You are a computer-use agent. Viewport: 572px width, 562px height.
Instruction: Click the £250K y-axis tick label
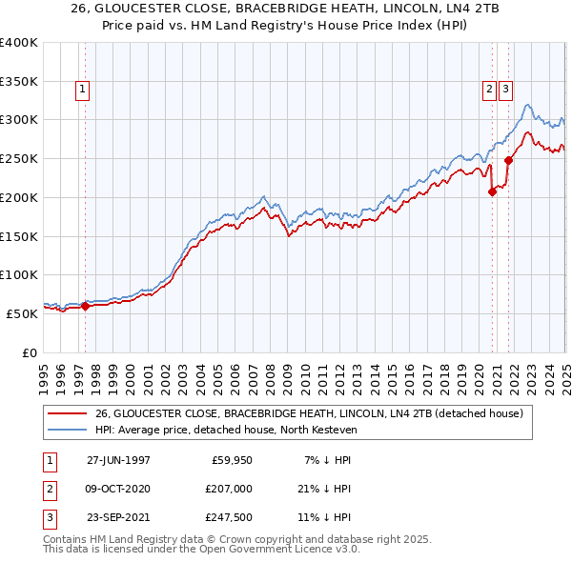click(18, 158)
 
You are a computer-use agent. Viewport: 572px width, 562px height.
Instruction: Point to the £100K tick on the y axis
click(18, 274)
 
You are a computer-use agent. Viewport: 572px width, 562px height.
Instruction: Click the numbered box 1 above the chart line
click(84, 90)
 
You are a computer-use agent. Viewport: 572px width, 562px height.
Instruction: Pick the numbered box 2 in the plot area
click(489, 90)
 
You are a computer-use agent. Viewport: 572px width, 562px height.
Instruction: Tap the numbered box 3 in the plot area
click(504, 90)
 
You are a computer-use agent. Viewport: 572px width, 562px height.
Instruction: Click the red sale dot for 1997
click(86, 306)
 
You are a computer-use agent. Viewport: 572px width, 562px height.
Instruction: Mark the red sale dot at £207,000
click(493, 191)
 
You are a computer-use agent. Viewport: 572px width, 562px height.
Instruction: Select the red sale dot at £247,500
click(509, 160)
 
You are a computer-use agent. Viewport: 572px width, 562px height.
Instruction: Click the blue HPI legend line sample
click(68, 431)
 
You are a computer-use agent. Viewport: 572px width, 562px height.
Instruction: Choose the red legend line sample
click(68, 414)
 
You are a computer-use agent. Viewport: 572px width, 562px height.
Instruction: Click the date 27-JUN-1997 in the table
click(118, 459)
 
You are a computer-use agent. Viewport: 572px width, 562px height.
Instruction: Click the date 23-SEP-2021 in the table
click(118, 518)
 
